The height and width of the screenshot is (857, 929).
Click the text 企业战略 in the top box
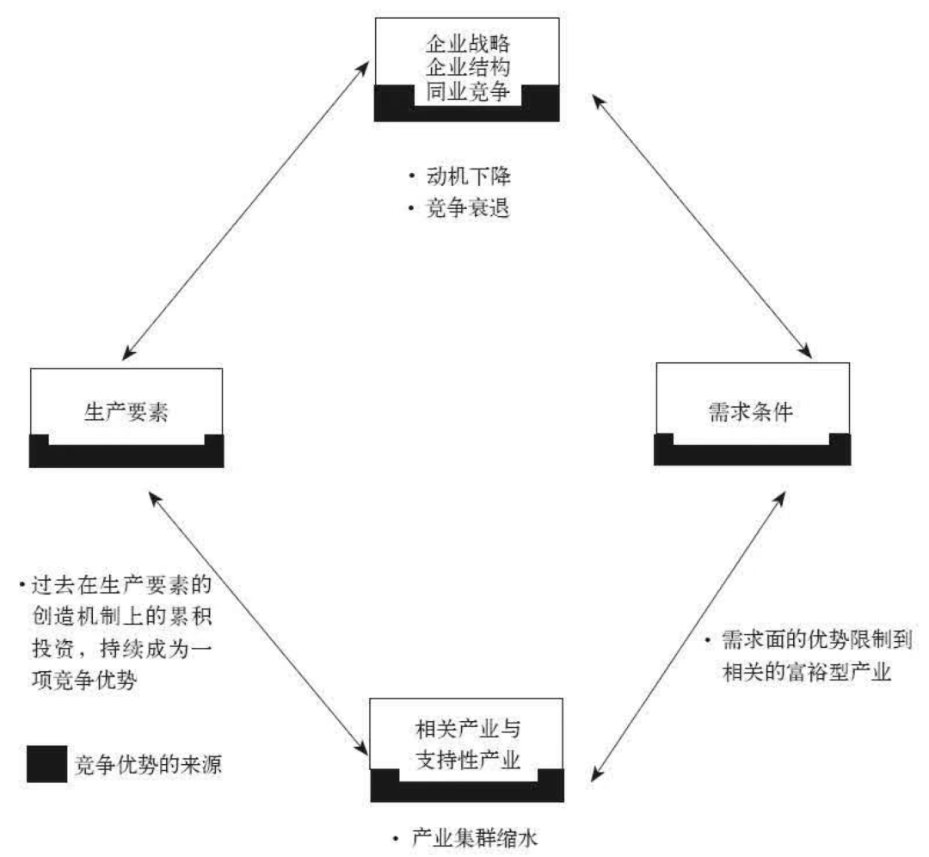pos(469,43)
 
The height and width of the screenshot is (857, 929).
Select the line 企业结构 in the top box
pos(469,67)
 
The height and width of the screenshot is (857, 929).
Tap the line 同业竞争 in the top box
pos(469,91)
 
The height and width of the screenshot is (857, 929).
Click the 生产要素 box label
pos(126,411)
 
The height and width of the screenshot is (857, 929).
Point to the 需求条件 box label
pos(753,411)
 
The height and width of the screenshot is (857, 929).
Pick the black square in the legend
pos(46,763)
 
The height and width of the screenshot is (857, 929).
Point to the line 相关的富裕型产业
pos(805,671)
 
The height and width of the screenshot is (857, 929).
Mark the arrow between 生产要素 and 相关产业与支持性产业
pos(255,619)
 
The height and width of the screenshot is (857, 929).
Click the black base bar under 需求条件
pos(752,456)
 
